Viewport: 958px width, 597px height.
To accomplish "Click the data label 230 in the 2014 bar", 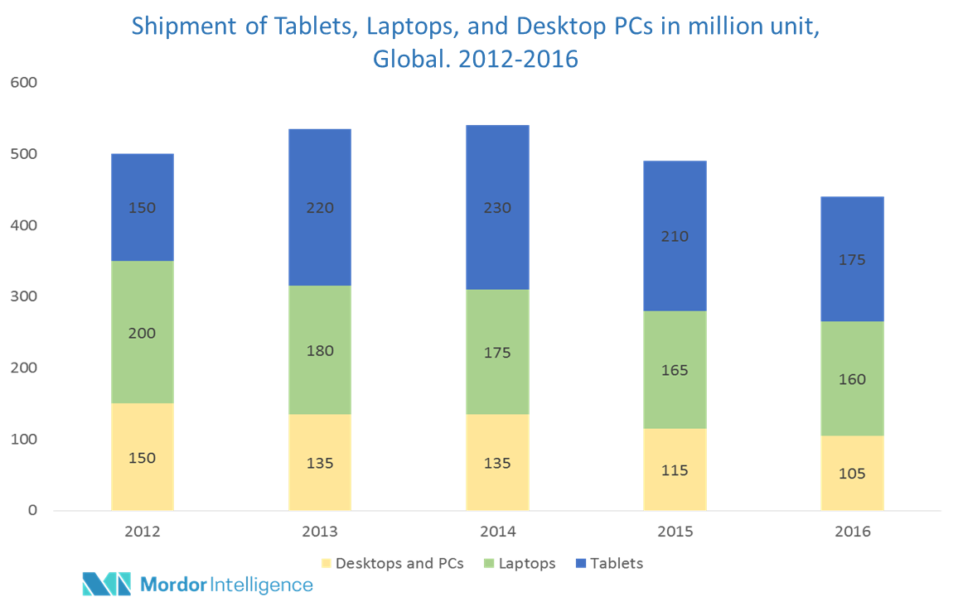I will tap(497, 208).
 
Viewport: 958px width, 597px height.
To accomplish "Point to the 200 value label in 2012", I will tap(142, 334).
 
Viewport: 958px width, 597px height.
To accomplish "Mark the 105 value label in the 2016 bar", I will tap(852, 474).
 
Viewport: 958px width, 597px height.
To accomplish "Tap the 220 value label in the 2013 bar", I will tap(319, 208).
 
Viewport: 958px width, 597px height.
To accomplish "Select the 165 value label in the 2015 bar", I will tap(675, 370).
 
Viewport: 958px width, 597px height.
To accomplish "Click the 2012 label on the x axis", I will tap(142, 532).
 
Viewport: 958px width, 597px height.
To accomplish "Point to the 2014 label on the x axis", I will tap(497, 532).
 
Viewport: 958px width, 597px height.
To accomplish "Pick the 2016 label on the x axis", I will tap(852, 532).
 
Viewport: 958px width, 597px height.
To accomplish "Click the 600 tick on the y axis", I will tap(23, 83).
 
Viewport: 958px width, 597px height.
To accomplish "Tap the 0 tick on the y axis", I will tap(32, 511).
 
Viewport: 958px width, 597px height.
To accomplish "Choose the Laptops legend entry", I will tap(528, 563).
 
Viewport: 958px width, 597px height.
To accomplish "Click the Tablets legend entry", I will tap(617, 563).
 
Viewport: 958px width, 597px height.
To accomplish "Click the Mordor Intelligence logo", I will tap(198, 583).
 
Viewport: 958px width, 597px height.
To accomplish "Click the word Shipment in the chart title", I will tap(179, 26).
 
